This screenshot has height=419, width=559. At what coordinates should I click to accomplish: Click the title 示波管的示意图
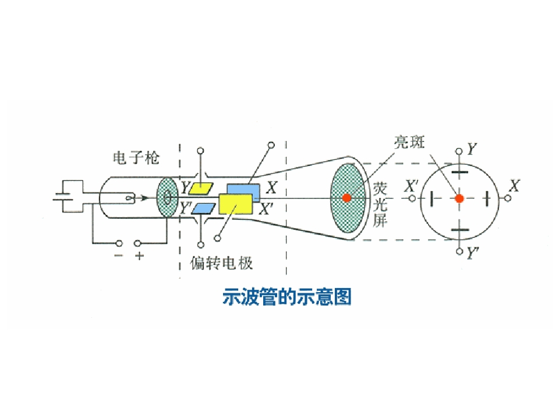point(287,296)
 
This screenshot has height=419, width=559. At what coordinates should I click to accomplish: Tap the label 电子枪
point(136,158)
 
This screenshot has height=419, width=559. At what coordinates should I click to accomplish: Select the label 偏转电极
point(221,263)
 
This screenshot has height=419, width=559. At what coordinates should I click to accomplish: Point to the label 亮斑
point(409,142)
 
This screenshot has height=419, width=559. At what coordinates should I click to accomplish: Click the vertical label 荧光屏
point(380,205)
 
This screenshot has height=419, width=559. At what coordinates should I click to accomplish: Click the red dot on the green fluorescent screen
point(346,197)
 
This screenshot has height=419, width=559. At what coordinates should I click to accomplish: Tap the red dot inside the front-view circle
point(459,198)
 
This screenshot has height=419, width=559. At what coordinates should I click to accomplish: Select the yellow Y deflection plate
point(201,189)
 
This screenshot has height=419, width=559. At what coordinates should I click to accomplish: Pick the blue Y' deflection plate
point(203,209)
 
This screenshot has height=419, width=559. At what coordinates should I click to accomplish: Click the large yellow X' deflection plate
point(236,204)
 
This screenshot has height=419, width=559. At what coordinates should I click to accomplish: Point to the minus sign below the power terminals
point(119,255)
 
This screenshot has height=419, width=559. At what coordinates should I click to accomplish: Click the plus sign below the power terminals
point(139,255)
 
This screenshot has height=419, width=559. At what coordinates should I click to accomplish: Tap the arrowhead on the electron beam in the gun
point(144,198)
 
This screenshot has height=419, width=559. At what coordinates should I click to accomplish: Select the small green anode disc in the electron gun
point(167,197)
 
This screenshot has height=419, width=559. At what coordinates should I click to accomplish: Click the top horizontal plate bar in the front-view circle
point(459,173)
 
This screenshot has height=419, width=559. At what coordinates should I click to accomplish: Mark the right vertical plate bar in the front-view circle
point(487,198)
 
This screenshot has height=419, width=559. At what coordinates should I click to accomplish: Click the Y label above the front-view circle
point(472,149)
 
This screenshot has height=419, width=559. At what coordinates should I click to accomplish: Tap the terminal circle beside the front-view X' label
point(412,198)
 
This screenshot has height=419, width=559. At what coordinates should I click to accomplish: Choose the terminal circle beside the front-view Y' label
point(459,251)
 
